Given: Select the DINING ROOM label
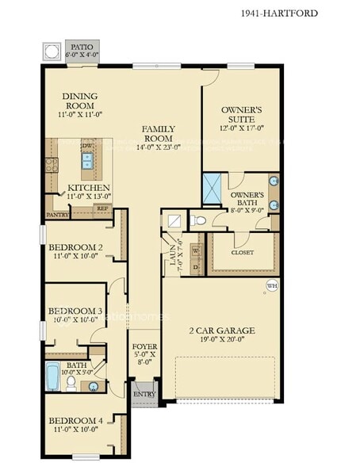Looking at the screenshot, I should pyautogui.click(x=79, y=101).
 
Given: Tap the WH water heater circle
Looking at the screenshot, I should pyautogui.click(x=272, y=285).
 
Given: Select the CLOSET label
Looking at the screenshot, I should pyautogui.click(x=243, y=253).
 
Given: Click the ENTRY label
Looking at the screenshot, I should pyautogui.click(x=144, y=394).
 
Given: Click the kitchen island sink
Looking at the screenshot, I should pyautogui.click(x=88, y=163).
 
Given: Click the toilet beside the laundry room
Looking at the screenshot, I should pyautogui.click(x=200, y=220).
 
